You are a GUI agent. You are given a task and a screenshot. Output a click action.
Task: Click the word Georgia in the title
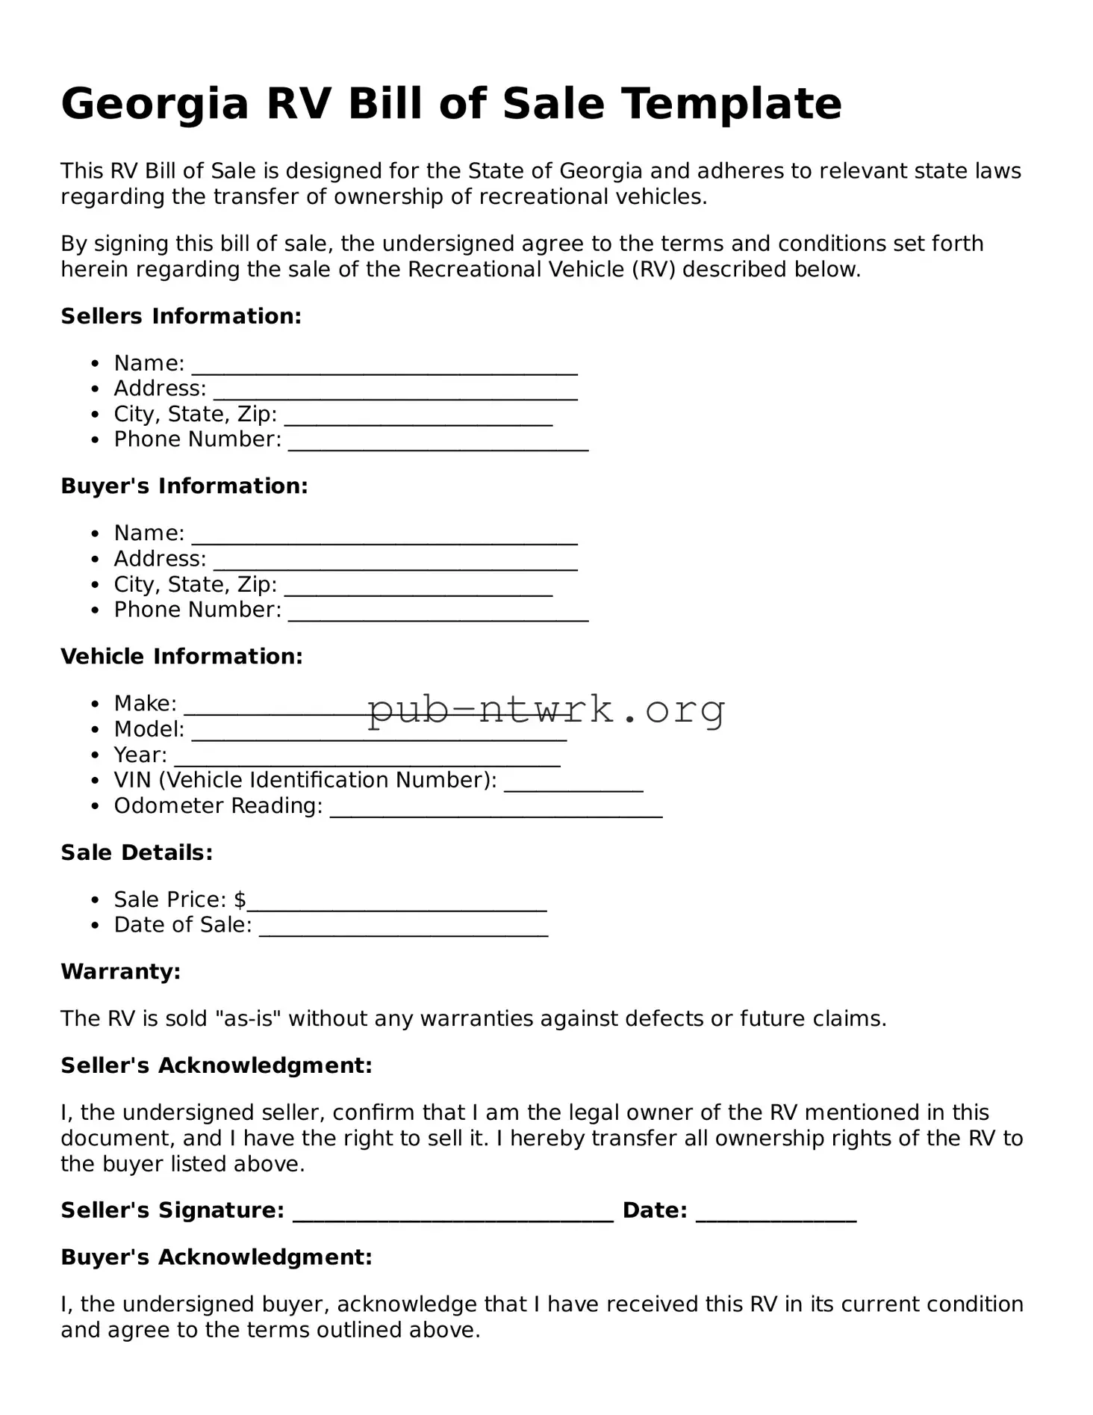pos(154,104)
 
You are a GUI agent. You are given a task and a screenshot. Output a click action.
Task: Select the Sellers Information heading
pos(181,316)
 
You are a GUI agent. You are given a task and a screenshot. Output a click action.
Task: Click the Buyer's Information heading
pos(184,486)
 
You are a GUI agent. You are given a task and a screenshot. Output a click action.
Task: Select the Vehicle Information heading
pos(181,657)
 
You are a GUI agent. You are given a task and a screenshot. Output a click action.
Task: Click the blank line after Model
pos(379,734)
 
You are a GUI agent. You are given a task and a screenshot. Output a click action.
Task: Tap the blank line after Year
pos(367,759)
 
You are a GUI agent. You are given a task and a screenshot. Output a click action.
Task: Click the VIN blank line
pos(573,784)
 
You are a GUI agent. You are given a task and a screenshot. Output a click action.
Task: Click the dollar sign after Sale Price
pos(240,900)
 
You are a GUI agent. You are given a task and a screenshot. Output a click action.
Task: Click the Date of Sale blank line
pos(403,929)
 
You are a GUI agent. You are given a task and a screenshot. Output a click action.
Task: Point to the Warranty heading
pos(120,972)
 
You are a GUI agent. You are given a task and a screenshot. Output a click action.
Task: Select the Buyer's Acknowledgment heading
pos(216,1257)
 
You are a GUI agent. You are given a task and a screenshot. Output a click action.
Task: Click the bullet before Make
pos(95,705)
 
